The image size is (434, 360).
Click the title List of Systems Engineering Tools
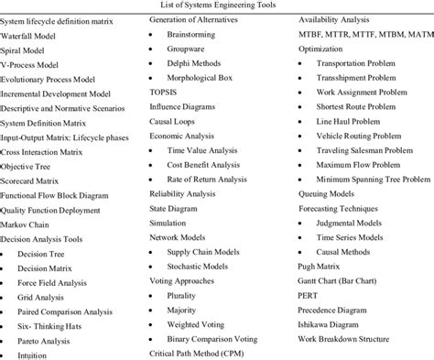(216, 5)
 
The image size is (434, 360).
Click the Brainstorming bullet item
(195, 35)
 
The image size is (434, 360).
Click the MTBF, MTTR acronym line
(363, 35)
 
